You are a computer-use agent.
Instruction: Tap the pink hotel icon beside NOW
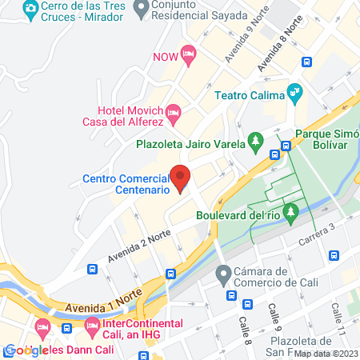point(188,54)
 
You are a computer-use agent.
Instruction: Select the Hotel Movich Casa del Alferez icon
point(176,111)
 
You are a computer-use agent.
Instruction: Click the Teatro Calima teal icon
point(294,92)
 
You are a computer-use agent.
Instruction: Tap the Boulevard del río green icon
point(291,214)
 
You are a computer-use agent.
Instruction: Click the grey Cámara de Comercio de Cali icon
point(223,274)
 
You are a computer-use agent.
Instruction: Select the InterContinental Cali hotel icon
point(91,326)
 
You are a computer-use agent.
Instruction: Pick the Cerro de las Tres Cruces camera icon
point(30,10)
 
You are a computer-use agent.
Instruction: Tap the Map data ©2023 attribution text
point(326,354)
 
